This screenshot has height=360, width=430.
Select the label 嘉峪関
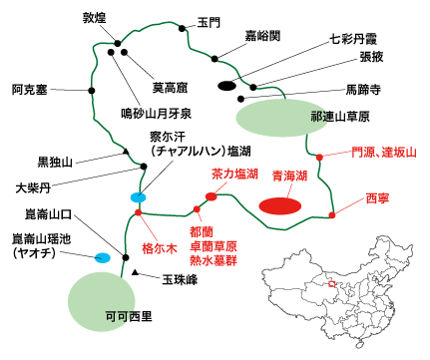(x=261, y=35)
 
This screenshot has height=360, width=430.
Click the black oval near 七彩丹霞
(x=227, y=86)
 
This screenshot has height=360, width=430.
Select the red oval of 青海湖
(x=280, y=205)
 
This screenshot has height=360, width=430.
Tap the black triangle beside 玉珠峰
(x=135, y=273)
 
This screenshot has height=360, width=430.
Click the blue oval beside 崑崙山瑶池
(x=102, y=258)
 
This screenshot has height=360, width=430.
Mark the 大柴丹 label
(x=37, y=186)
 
